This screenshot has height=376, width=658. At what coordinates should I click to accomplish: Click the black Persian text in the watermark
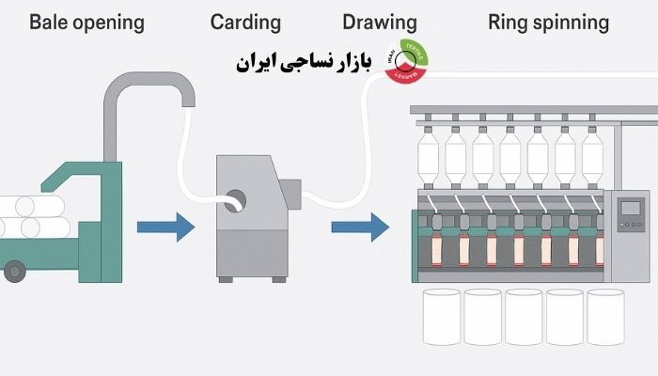[303, 64]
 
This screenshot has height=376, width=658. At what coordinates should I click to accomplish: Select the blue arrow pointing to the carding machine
[164, 227]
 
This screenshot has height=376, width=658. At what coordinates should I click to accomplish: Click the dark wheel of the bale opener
[13, 272]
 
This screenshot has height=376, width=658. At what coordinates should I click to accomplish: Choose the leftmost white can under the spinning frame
[441, 316]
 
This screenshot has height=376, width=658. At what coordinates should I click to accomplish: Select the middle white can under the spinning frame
[525, 316]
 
